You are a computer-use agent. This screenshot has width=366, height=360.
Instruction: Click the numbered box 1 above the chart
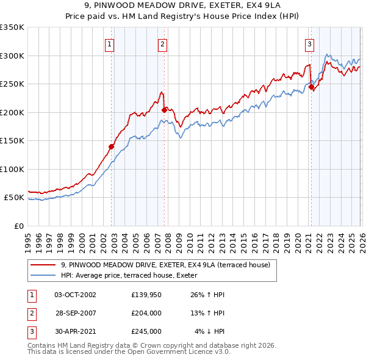pos(109,43)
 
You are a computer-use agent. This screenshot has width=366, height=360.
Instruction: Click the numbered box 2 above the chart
pos(163,43)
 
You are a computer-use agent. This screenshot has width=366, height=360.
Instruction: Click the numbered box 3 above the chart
pos(309,43)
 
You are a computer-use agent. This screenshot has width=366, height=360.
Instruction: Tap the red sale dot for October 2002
pos(112,146)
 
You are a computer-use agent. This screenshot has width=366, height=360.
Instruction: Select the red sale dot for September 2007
pos(165,110)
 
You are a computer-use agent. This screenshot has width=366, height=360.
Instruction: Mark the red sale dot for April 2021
pos(311,87)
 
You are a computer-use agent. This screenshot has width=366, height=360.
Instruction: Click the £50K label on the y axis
pos(14,198)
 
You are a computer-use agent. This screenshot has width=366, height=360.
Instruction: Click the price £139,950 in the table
pos(146,295)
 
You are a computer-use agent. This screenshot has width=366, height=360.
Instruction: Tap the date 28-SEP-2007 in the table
pos(75,313)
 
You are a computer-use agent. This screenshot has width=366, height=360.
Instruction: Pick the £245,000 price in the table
pos(146,331)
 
